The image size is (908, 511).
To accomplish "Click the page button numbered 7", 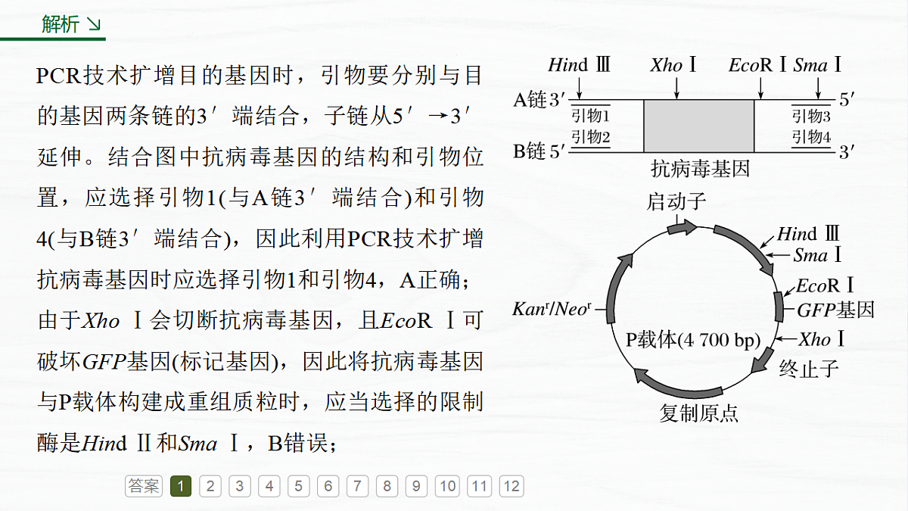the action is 357,486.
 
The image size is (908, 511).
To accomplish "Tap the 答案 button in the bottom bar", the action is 144,486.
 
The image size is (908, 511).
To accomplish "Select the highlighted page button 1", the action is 181,486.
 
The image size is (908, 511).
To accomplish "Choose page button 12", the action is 512,486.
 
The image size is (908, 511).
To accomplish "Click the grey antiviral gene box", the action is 699,126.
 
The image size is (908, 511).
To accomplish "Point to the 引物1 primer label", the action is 590,116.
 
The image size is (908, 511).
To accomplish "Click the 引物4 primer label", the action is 811,137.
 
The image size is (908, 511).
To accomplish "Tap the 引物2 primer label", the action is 590,137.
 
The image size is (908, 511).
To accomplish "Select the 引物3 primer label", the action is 811,116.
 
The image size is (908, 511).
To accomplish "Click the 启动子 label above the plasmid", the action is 676,201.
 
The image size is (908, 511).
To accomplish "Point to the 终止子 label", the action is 809,369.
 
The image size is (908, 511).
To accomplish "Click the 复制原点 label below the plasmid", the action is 698,413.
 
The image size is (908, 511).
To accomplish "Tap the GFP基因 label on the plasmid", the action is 835,310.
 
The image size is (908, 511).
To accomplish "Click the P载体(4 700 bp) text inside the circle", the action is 693,340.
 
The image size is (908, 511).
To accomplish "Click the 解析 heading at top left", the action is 60,24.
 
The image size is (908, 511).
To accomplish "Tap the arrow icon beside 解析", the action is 94,24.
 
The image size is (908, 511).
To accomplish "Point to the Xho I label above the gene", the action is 673,65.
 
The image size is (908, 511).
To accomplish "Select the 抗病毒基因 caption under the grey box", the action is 700,169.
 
